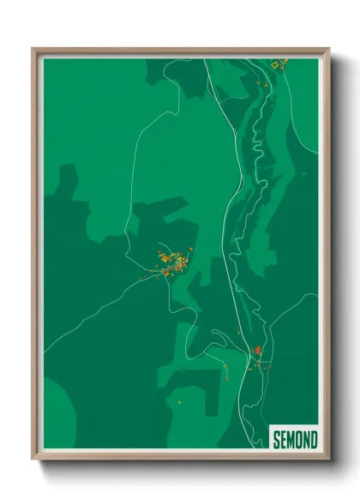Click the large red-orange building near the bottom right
point(256,351)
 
